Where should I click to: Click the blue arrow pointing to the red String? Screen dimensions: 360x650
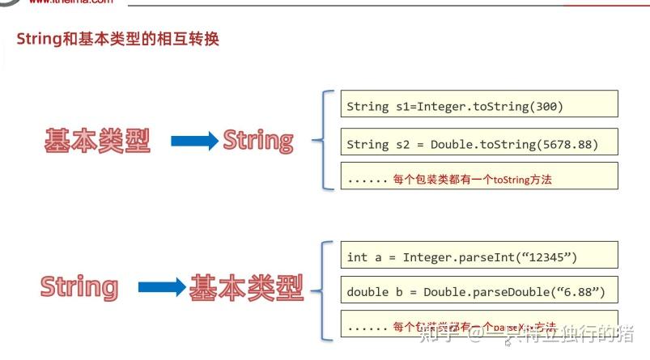pyautogui.click(x=195, y=142)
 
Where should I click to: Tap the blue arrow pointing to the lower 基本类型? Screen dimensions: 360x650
pyautogui.click(x=162, y=287)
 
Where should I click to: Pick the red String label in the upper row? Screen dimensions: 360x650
pyautogui.click(x=258, y=141)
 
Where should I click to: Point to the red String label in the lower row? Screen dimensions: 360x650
pyautogui.click(x=79, y=287)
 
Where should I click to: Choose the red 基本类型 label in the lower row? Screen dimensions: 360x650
pyautogui.click(x=246, y=287)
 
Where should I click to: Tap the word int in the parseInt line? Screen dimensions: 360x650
pyautogui.click(x=356, y=257)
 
